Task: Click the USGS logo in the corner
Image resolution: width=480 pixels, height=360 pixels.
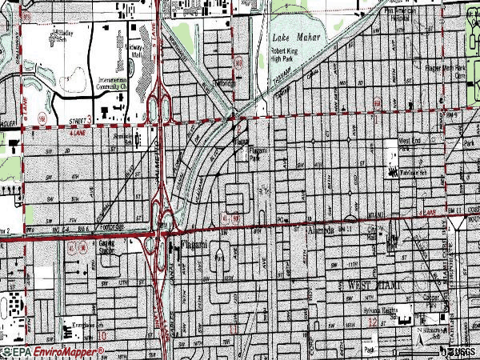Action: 462,351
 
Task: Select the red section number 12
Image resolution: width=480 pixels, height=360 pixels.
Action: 373,322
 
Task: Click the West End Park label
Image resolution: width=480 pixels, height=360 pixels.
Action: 405,146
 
